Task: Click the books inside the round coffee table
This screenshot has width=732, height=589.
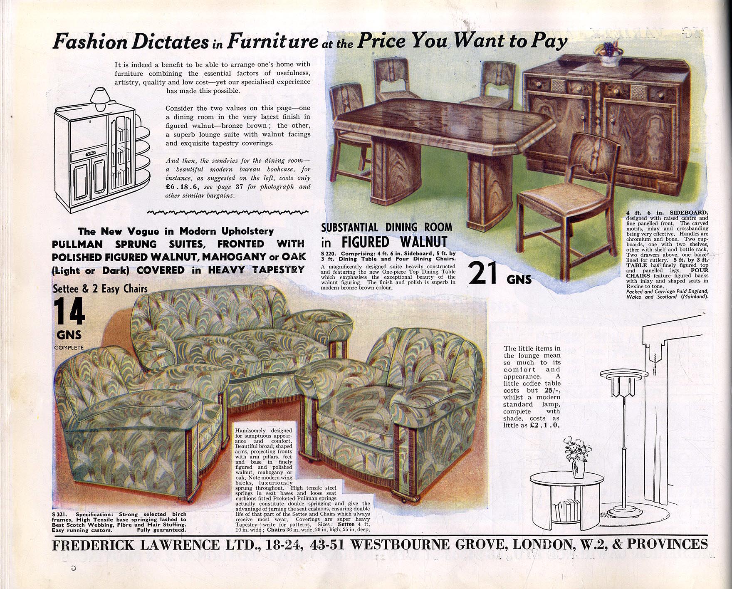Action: (x=565, y=509)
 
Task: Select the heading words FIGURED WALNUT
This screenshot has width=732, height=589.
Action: (x=394, y=242)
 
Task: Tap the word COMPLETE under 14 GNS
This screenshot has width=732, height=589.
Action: (x=69, y=347)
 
